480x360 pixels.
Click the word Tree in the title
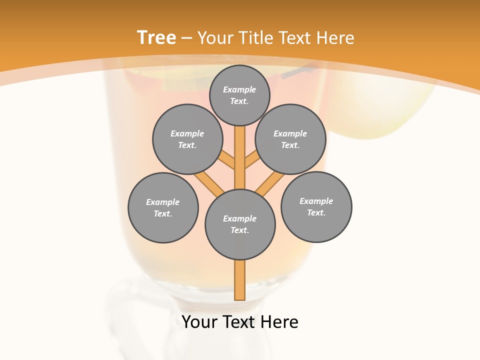coord(156,37)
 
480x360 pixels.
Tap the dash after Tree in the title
coord(186,38)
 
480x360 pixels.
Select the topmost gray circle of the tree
coord(239,95)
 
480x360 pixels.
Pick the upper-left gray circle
coord(187,139)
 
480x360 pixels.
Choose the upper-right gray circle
coord(290,139)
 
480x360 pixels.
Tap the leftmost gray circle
coord(163,207)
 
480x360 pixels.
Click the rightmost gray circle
coord(316,206)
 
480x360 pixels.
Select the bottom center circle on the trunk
coord(240,224)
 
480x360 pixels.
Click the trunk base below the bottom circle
coord(240,280)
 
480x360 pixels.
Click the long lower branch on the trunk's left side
coord(209,182)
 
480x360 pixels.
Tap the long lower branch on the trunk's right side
coord(270,183)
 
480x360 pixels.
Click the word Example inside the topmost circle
coord(239,89)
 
